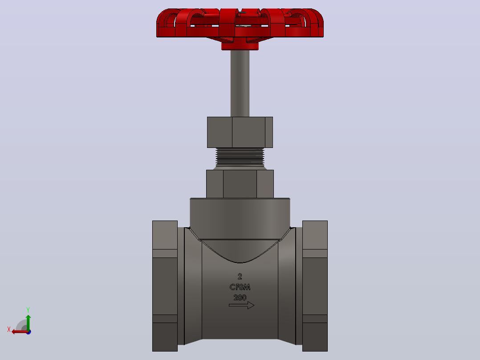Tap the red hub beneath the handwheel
240,45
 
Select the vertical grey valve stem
240,83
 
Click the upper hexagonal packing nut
240,132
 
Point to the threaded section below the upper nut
240,157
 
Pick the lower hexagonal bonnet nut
240,184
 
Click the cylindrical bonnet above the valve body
240,218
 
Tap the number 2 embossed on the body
240,276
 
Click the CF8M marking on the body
240,287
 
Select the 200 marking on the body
240,298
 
